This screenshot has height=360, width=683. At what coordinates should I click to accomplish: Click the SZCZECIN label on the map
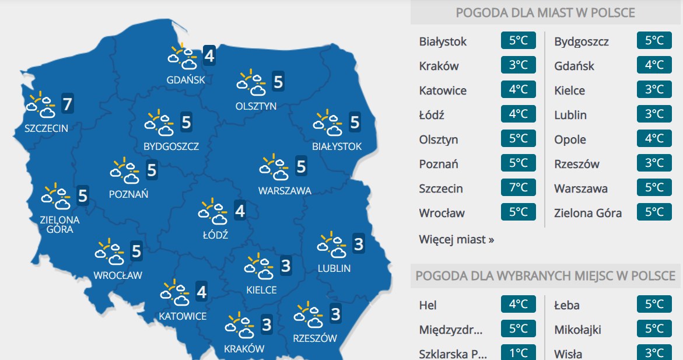point(46,128)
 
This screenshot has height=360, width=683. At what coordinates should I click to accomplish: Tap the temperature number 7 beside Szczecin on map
point(67,105)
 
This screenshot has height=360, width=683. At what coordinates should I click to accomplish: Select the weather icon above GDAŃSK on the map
point(182,56)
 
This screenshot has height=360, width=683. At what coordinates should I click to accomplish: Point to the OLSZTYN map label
point(256,106)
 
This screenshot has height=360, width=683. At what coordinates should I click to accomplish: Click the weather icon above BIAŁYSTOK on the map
point(327,122)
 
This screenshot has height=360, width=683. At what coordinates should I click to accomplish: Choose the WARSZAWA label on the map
point(285,190)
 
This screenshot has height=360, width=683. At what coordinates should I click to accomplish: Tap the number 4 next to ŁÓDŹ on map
point(240,211)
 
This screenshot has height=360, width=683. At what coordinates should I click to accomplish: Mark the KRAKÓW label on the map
point(244,349)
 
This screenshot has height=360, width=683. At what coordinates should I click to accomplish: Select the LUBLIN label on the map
point(334,268)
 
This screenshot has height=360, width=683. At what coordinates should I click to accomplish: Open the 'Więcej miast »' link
point(456,239)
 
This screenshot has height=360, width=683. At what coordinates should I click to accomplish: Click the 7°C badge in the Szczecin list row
point(518,188)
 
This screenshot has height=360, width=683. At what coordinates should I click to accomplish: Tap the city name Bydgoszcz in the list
point(582,41)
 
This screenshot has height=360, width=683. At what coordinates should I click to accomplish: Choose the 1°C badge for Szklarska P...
point(518,353)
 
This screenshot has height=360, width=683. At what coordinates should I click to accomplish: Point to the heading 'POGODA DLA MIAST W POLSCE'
point(545,13)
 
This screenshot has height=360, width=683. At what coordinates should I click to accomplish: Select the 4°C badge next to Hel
point(518,305)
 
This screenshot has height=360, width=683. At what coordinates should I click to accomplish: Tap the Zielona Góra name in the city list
point(588,213)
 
